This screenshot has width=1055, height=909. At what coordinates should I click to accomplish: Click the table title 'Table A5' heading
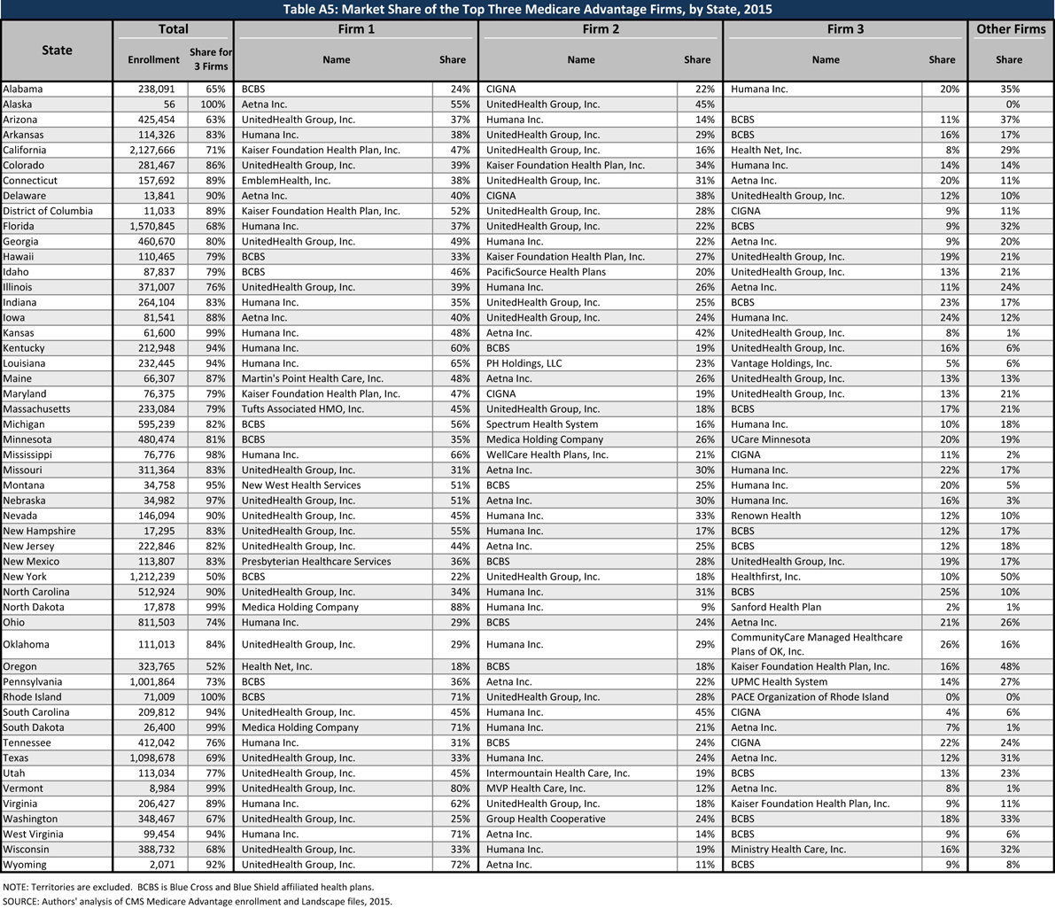pyautogui.click(x=527, y=10)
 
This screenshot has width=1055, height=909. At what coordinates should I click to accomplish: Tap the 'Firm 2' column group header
pyautogui.click(x=601, y=29)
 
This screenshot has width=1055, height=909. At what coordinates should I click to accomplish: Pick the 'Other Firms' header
pyautogui.click(x=1011, y=29)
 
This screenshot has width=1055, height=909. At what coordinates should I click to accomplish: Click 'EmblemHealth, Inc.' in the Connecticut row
pyautogui.click(x=286, y=180)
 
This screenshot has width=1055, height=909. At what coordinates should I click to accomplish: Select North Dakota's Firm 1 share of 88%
pyautogui.click(x=453, y=607)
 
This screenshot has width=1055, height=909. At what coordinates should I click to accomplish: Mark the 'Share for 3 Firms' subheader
pyautogui.click(x=210, y=59)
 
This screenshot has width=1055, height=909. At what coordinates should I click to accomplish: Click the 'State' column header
pyautogui.click(x=57, y=50)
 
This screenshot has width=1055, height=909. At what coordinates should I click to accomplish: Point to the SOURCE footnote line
pyautogui.click(x=197, y=900)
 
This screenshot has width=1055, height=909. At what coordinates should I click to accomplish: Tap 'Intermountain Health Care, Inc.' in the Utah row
pyautogui.click(x=558, y=773)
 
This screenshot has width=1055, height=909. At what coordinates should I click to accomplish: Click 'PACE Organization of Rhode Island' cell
pyautogui.click(x=810, y=696)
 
